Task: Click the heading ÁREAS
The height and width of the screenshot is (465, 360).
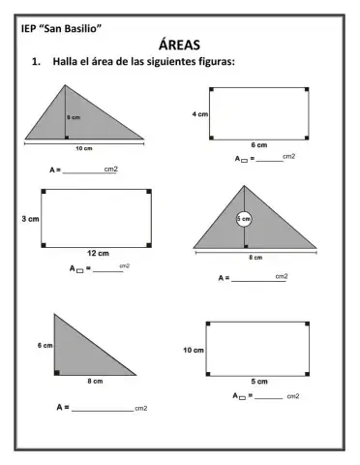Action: [x=180, y=45]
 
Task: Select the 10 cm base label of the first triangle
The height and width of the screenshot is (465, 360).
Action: [x=83, y=148]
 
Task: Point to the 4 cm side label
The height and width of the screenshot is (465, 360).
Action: [x=200, y=113]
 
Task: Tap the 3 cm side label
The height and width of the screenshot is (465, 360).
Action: [x=30, y=220]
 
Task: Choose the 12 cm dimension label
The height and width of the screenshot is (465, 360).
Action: [x=97, y=253]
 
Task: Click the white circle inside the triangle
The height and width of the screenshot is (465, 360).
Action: [x=244, y=220]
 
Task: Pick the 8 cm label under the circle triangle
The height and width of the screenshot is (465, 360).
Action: [x=255, y=258]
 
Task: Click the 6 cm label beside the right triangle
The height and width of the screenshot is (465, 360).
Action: [x=45, y=345]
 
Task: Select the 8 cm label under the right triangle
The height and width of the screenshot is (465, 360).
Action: [x=96, y=382]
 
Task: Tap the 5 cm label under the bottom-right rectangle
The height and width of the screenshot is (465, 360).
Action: [x=258, y=382]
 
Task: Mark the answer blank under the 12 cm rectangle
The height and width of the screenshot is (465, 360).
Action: [x=106, y=270]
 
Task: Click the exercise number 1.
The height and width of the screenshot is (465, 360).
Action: [x=36, y=62]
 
